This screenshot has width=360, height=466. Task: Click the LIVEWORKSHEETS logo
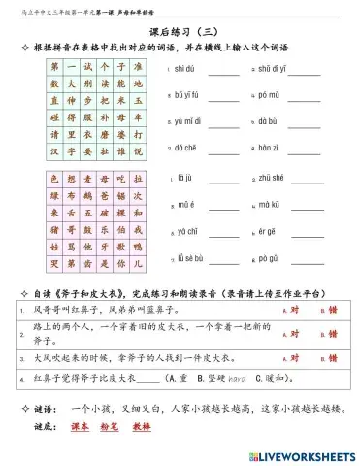tap(300, 455)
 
